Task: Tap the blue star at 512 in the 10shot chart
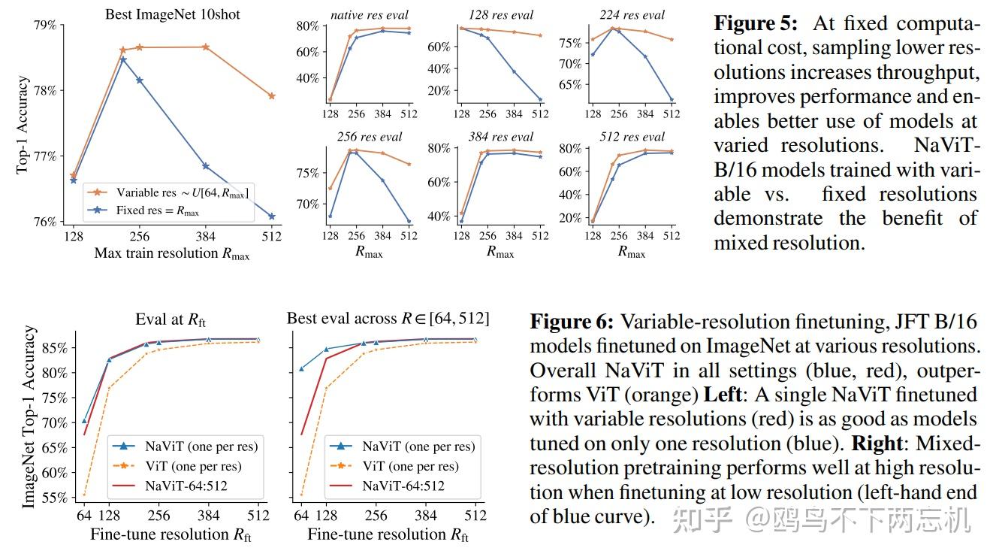pos(271,216)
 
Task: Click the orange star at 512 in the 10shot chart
pos(271,96)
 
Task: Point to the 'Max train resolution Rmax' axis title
pos(171,253)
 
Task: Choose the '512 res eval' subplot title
pos(632,137)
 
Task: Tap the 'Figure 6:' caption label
pos(572,322)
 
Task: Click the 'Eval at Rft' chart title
pos(171,319)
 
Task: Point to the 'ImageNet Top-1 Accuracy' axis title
pos(29,416)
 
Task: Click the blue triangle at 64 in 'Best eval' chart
pos(301,369)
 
